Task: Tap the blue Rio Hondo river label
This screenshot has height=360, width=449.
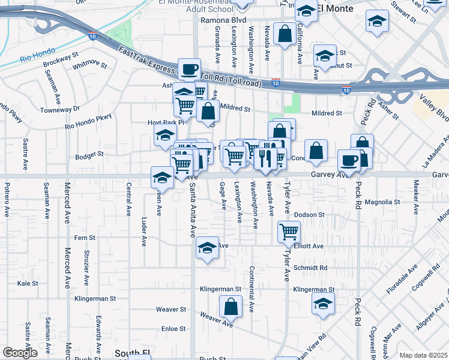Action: pos(34,59)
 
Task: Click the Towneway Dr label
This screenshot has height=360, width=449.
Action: pos(60,110)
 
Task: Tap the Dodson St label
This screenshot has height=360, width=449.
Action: pos(309,214)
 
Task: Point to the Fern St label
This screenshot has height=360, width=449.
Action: pos(80,238)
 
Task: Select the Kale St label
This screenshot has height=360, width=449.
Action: pos(28,283)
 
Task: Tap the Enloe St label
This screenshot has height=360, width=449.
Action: pos(173,329)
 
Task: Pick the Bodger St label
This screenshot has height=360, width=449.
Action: pos(90,154)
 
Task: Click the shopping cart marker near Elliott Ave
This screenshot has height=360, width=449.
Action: pos(289,232)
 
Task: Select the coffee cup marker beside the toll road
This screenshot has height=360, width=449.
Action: pos(190,69)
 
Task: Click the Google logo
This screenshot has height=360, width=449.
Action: pos(20,353)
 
